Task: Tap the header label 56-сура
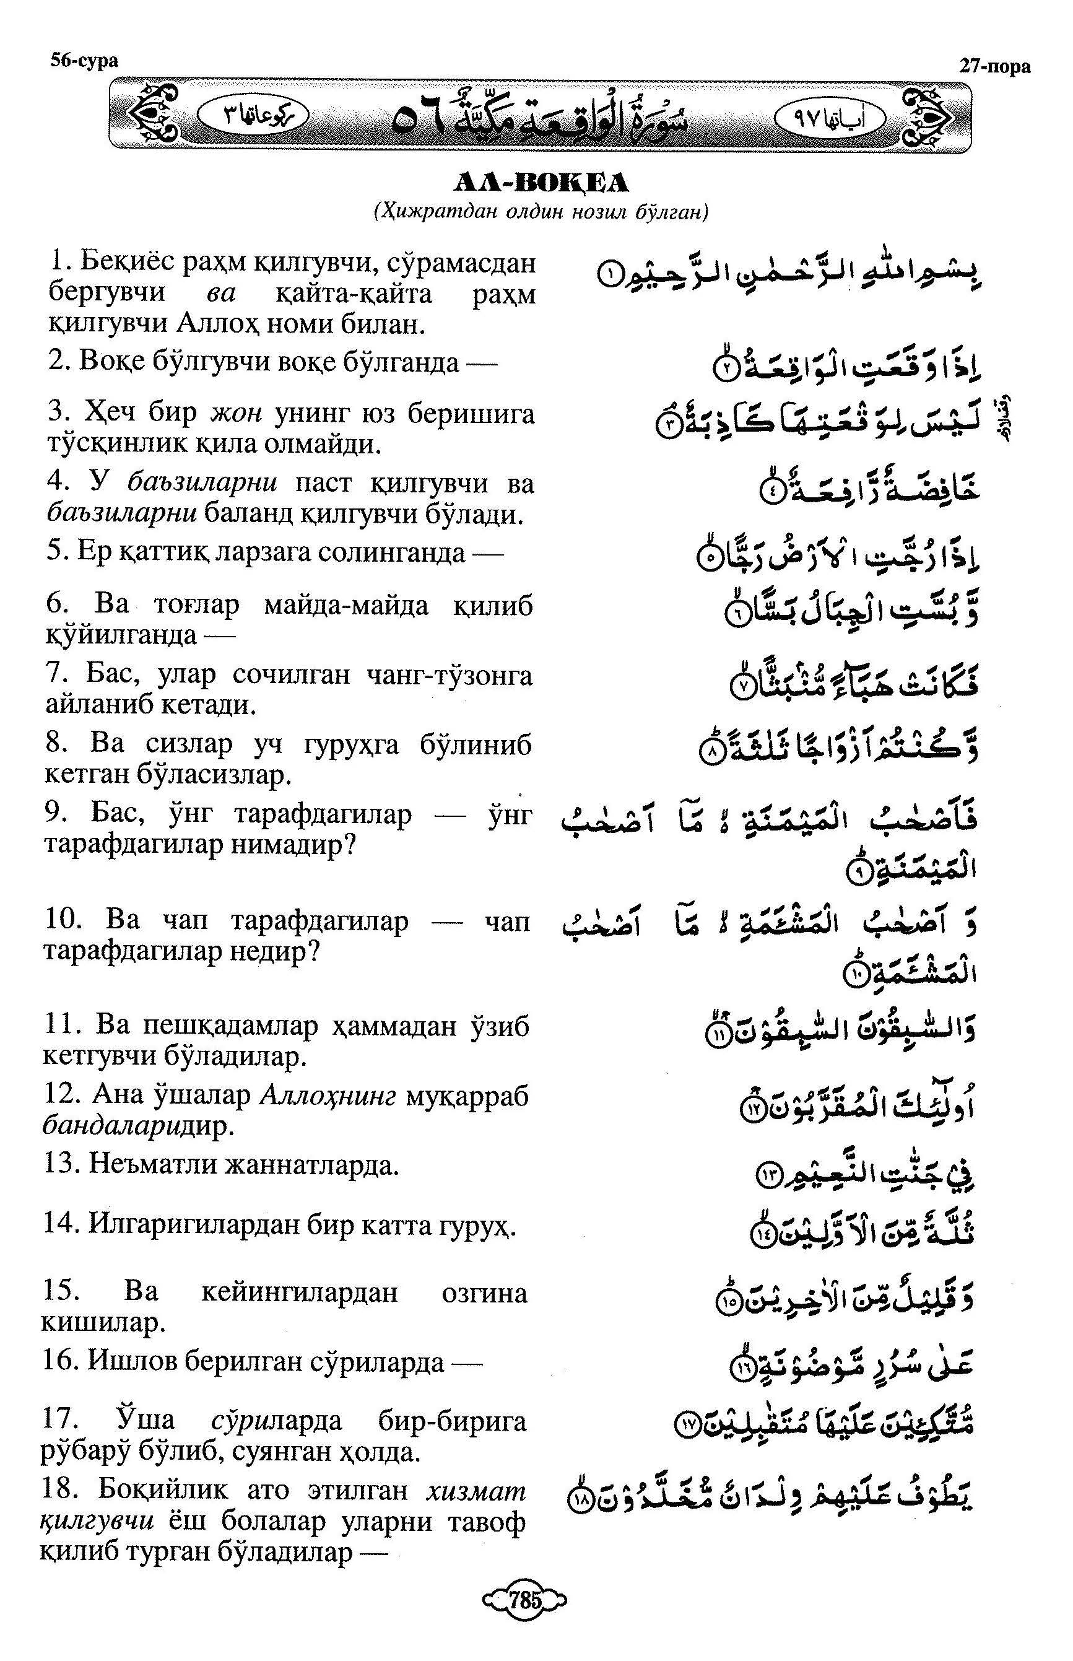(84, 61)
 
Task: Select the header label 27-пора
(994, 66)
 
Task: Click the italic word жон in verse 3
(235, 412)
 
